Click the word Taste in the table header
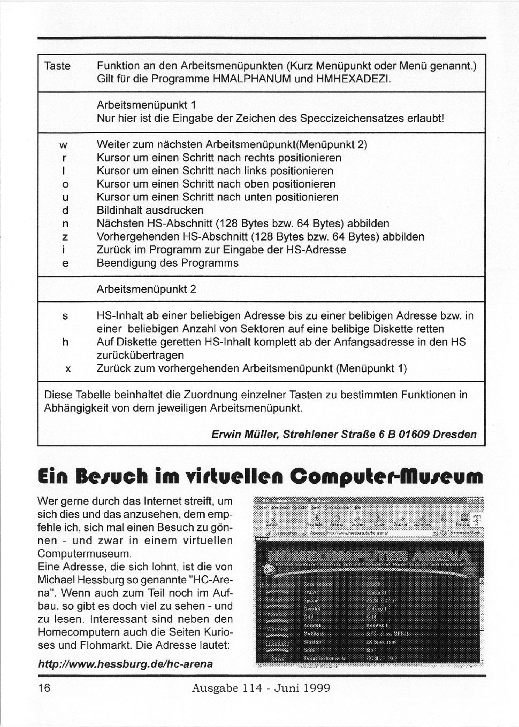[x=57, y=66]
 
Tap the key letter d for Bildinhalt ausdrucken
[x=64, y=211]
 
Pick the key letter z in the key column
[x=64, y=237]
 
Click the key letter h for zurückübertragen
[x=65, y=342]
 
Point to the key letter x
[x=67, y=368]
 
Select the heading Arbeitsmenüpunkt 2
[x=146, y=290]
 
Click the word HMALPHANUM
[x=251, y=80]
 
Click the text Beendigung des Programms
[x=167, y=263]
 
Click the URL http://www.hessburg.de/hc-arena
[x=125, y=664]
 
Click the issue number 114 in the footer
[x=255, y=688]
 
